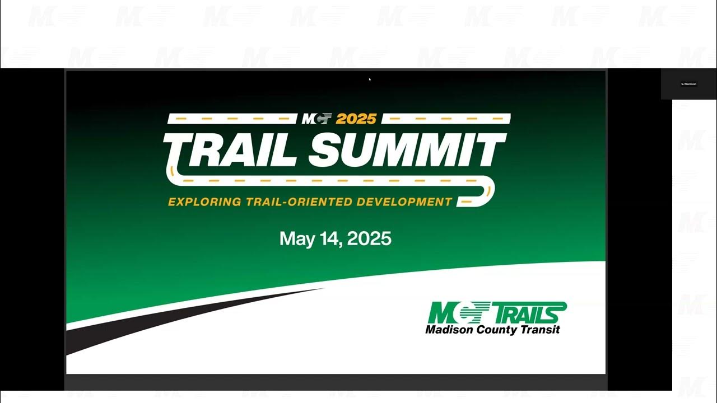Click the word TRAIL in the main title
(229, 149)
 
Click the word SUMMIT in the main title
(407, 149)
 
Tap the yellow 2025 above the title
(356, 119)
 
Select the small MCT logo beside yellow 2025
(317, 119)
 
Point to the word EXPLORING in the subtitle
(204, 201)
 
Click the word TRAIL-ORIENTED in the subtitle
(300, 201)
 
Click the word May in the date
(297, 239)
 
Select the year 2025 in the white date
(369, 238)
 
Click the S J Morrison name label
(688, 84)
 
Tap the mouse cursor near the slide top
(370, 79)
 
